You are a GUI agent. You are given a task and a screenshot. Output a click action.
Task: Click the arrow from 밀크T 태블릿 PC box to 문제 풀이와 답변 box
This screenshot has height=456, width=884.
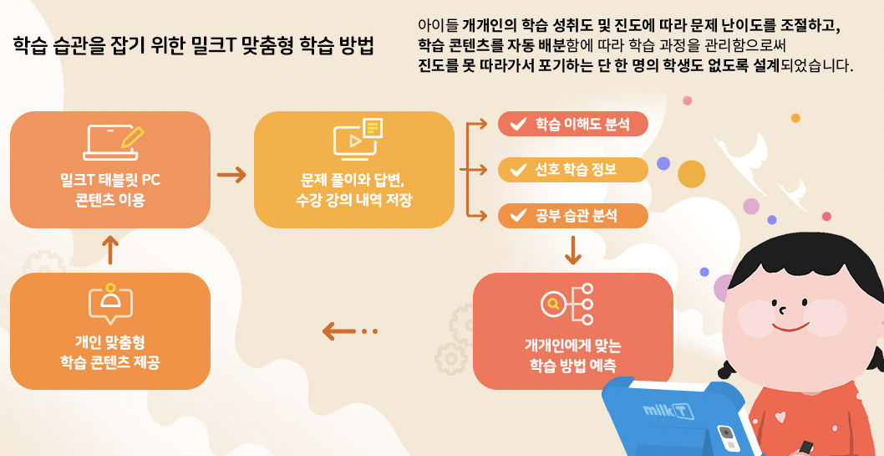click(x=231, y=175)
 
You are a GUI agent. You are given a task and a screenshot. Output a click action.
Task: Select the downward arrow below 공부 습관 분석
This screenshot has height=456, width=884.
click(x=572, y=249)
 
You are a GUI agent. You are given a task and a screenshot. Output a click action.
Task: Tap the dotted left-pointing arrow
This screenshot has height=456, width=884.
click(x=349, y=331)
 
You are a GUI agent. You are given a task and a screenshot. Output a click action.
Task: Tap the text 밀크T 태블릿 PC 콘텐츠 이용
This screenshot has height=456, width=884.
click(x=109, y=189)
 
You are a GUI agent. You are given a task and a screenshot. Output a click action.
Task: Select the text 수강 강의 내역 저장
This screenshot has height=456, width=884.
click(x=353, y=200)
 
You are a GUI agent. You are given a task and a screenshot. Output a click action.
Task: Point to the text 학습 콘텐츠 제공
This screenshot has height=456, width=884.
click(x=109, y=361)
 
